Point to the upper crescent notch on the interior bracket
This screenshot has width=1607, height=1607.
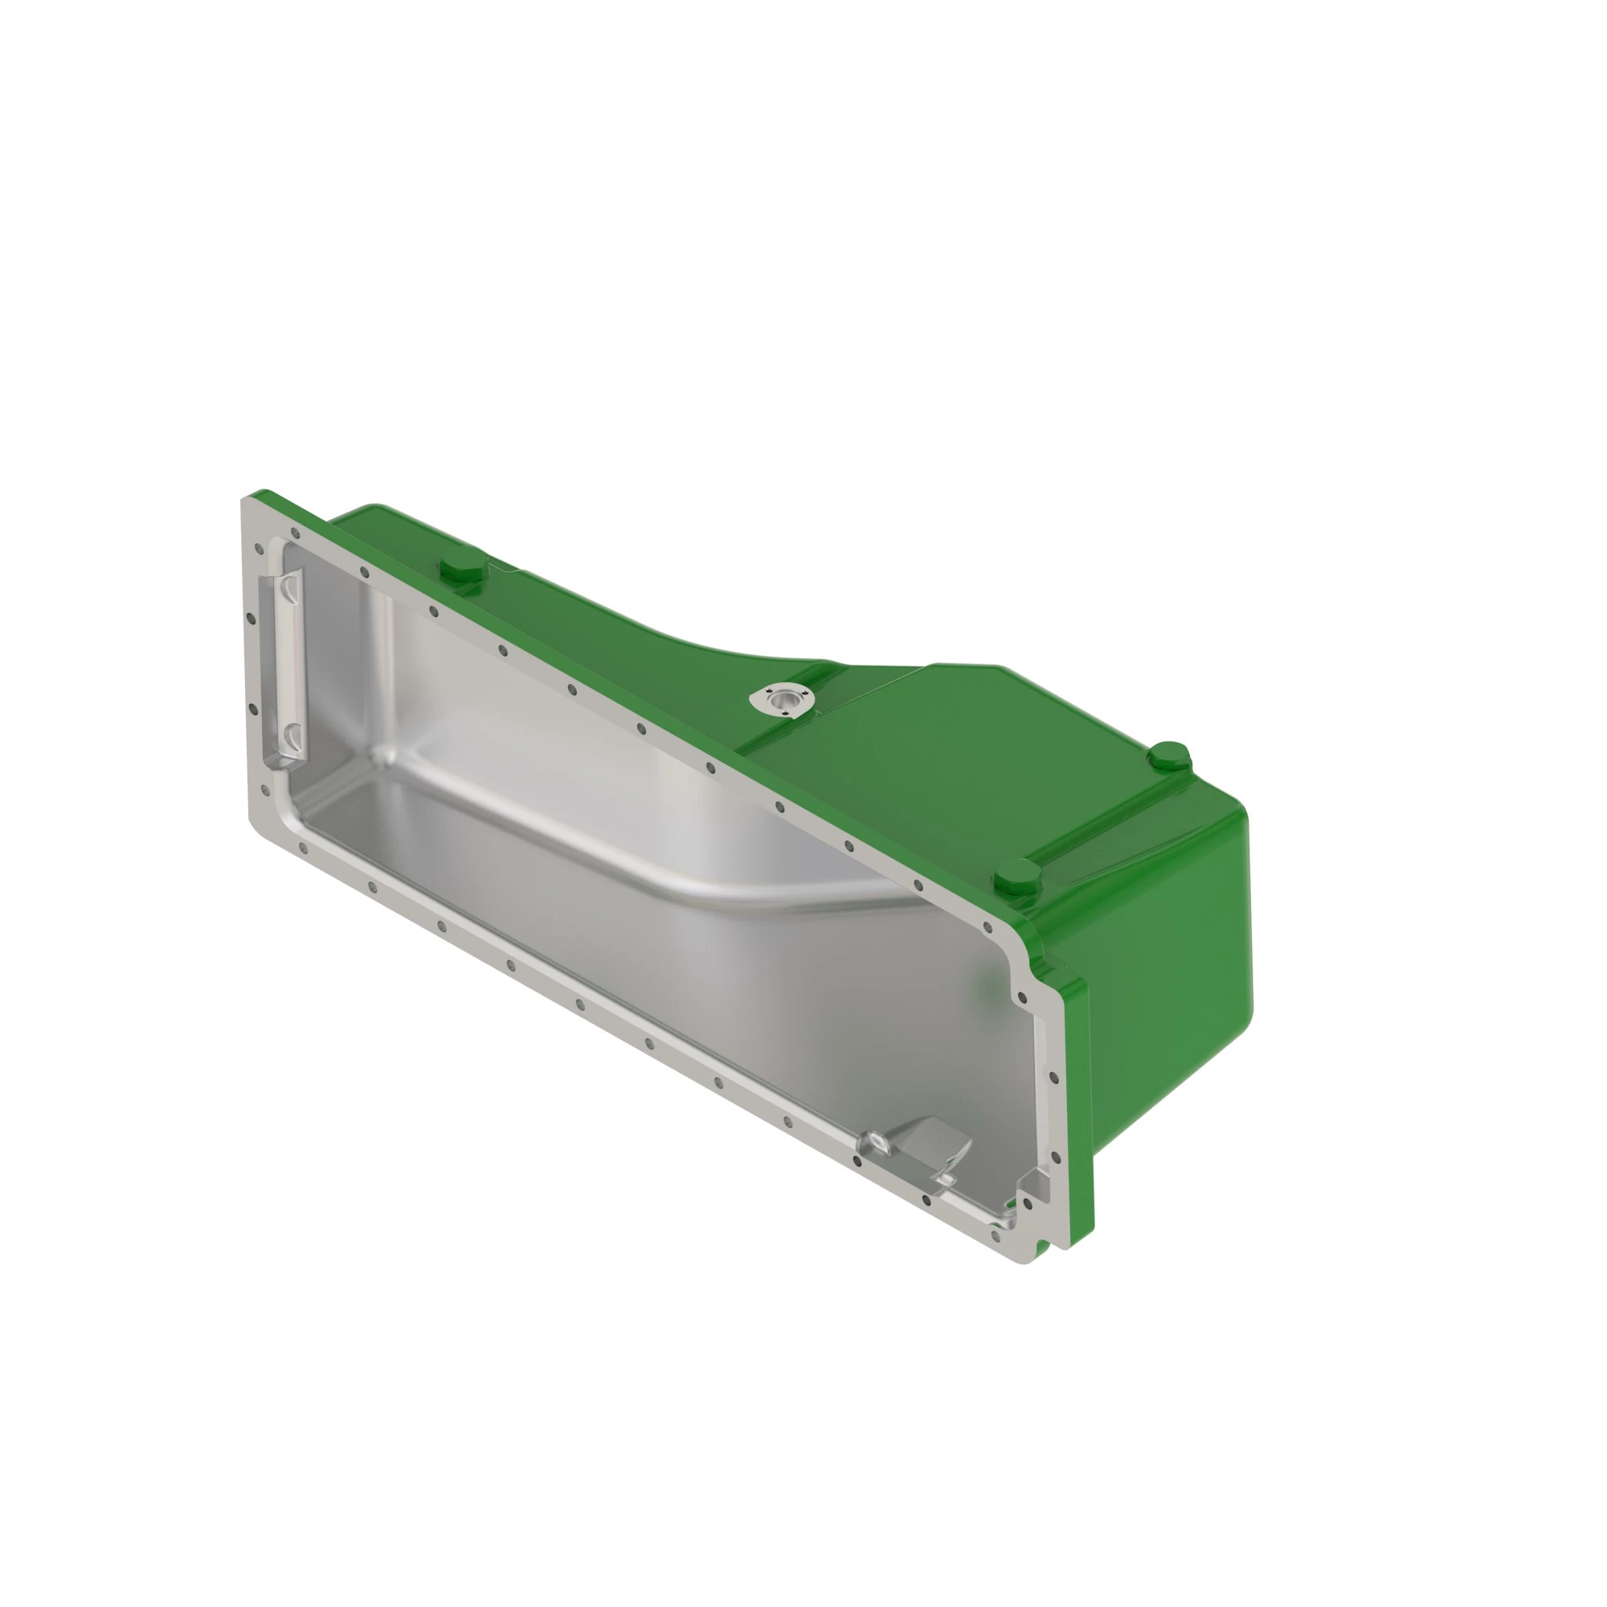pyautogui.click(x=288, y=588)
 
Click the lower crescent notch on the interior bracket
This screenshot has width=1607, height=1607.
pyautogui.click(x=290, y=735)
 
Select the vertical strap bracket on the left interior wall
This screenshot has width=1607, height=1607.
pyautogui.click(x=285, y=665)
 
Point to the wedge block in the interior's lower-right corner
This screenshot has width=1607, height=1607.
pyautogui.click(x=1033, y=1184)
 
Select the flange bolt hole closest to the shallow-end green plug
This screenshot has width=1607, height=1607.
pyautogui.click(x=433, y=611)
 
